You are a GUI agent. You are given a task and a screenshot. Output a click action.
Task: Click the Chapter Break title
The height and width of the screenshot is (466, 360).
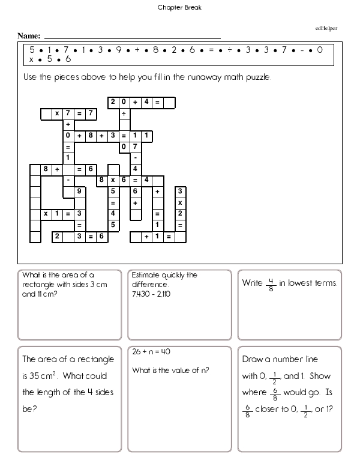(x=179, y=8)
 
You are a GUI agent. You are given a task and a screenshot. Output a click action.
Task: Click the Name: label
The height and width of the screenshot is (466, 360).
(x=29, y=36)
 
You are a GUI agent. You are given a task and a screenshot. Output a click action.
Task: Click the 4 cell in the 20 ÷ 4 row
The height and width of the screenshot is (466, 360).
(x=146, y=102)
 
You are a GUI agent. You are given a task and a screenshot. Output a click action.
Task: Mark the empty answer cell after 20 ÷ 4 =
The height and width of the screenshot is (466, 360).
(x=169, y=102)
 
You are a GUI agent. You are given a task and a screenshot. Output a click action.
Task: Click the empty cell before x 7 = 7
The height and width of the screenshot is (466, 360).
(x=46, y=113)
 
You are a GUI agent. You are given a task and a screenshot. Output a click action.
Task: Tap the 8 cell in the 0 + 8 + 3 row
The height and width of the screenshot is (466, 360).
(x=91, y=136)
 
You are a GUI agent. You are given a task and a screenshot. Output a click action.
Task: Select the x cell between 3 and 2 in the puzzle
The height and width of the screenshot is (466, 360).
(x=179, y=202)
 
